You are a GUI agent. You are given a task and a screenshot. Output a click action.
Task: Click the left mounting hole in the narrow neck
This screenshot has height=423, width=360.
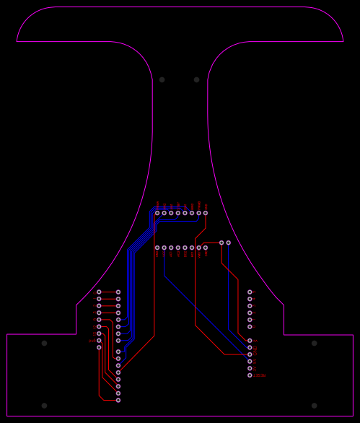162,79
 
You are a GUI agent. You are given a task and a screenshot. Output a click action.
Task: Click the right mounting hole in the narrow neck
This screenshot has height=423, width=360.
196,79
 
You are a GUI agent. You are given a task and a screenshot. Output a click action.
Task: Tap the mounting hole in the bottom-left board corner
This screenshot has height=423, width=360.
44,406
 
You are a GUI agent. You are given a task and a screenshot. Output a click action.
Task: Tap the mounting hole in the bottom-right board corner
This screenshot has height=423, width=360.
314,406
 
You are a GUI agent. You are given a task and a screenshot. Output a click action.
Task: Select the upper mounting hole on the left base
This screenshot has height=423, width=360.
44,343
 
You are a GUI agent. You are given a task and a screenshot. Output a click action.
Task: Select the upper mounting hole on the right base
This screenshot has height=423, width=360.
314,343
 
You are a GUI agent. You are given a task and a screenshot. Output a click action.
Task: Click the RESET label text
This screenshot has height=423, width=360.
260,375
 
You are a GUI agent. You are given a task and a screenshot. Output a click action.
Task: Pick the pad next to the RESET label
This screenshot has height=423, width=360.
250,375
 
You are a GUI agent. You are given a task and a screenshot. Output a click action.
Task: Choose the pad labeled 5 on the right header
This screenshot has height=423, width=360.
250,292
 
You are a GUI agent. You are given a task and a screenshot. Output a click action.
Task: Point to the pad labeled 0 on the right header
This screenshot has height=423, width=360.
250,326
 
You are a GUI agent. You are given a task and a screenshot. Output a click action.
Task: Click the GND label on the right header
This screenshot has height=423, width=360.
255,349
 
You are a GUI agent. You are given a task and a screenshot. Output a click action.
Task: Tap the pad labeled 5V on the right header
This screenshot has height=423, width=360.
250,361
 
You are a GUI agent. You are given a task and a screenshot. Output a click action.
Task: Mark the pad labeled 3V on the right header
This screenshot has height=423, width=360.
250,368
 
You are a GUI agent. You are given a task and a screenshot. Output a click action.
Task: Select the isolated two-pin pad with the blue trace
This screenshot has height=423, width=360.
228,243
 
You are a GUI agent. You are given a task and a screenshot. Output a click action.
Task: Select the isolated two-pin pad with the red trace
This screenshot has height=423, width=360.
221,243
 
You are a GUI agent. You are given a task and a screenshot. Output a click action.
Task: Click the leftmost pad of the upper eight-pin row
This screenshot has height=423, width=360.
157,213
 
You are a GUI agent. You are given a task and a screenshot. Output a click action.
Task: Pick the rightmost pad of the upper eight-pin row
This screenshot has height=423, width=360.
206,213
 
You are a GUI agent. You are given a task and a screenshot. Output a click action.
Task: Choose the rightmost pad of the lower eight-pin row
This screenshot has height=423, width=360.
206,248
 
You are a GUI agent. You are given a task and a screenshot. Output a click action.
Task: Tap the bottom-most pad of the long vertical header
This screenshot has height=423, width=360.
118,400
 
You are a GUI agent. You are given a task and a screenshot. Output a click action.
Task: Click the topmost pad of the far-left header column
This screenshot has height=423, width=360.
99,292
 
